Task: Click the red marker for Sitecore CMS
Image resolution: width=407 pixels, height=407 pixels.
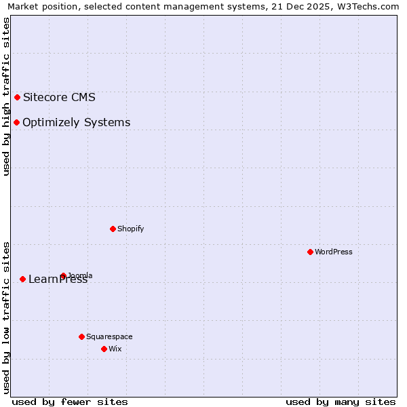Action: point(17,97)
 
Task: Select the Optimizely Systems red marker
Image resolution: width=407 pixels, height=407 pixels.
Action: point(16,122)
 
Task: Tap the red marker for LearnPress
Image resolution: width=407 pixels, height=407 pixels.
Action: point(22,279)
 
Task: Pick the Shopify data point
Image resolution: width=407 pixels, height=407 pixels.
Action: point(113,229)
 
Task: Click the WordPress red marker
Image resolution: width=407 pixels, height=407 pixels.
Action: point(310,252)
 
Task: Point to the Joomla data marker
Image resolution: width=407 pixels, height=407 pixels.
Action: point(63,275)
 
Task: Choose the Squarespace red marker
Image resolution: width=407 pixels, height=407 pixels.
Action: point(81,336)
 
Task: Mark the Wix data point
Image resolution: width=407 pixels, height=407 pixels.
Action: point(104,349)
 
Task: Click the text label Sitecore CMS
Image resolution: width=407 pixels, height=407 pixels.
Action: point(59,97)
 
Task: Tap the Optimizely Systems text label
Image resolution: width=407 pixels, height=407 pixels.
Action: point(76,123)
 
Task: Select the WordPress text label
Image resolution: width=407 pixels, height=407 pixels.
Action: point(334,252)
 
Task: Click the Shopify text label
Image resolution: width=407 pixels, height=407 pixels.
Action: point(131,229)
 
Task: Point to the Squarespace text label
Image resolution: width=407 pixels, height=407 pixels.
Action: point(109,336)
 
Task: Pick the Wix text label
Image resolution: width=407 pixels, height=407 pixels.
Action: point(115,349)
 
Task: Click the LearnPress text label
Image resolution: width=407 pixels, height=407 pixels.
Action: point(58,279)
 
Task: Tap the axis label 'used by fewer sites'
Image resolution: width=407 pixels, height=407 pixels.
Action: point(70,402)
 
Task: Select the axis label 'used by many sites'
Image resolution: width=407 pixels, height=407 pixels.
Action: point(341,402)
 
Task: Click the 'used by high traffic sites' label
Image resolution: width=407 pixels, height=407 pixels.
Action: point(6,96)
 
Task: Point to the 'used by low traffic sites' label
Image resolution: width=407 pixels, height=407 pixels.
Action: point(6,317)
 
